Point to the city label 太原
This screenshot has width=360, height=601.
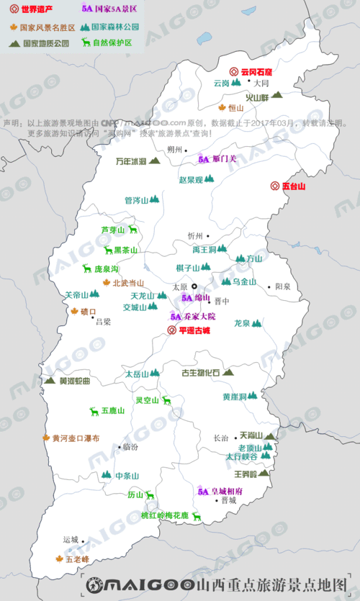pyautogui.click(x=179, y=286)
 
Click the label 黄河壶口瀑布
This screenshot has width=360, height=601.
pyautogui.click(x=76, y=438)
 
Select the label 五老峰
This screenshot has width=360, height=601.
pyautogui.click(x=77, y=558)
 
